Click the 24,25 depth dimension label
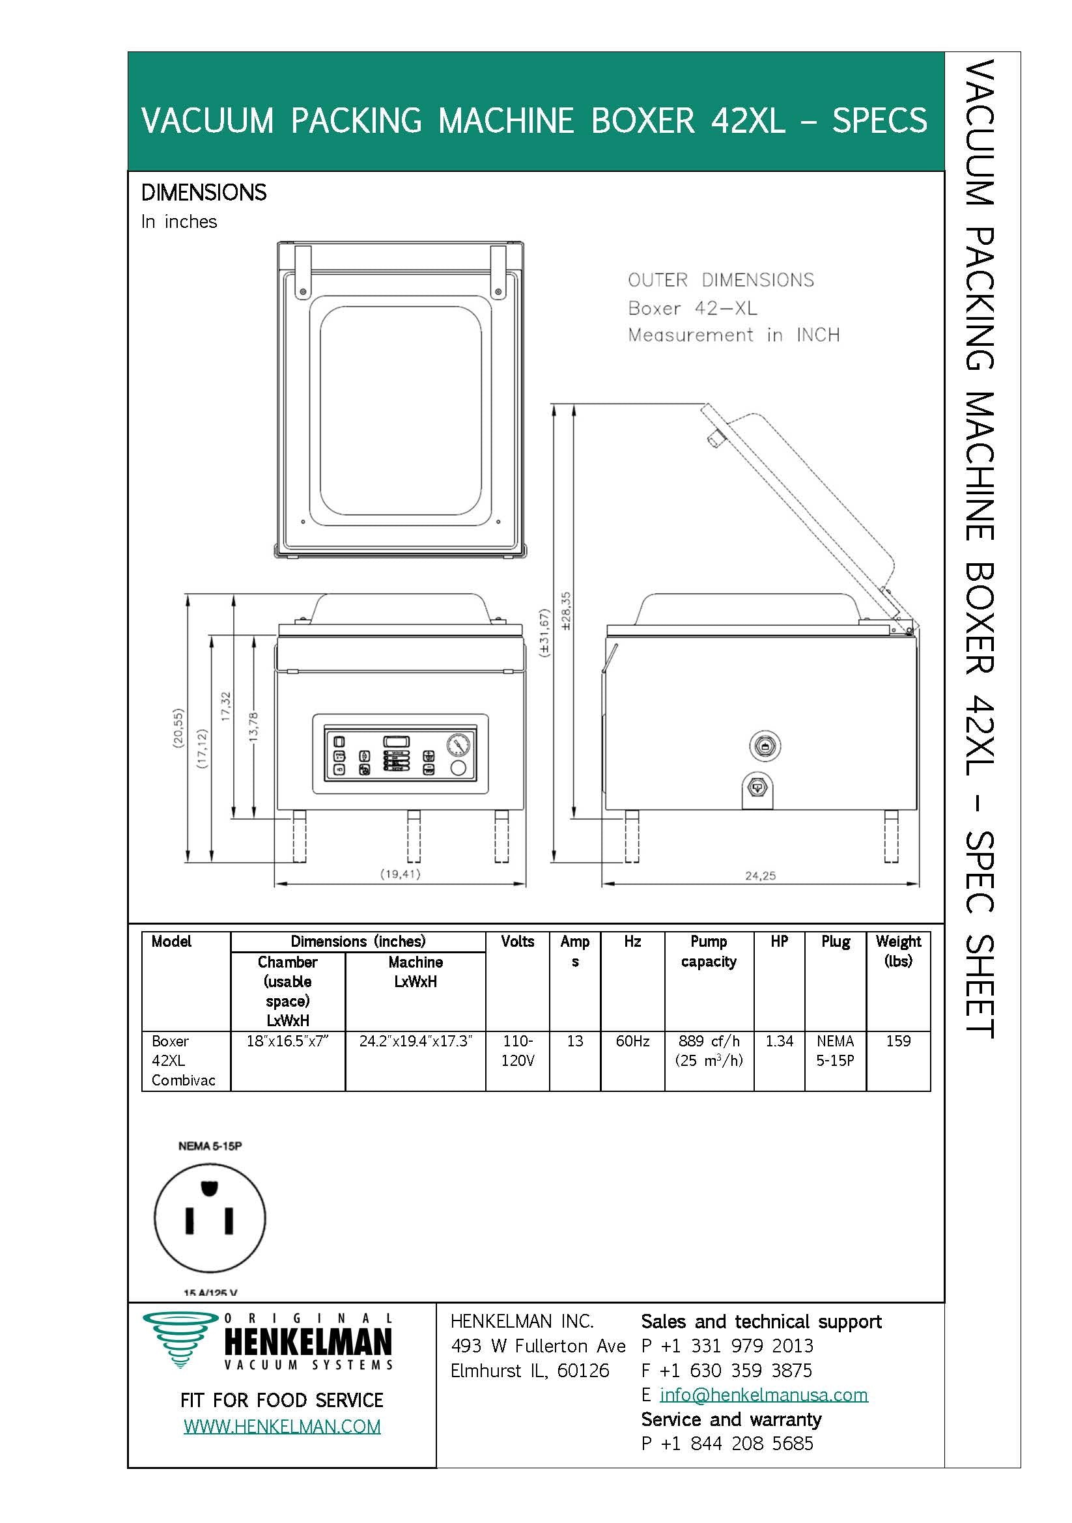[759, 876]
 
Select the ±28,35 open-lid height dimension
[566, 610]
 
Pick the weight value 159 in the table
[898, 1041]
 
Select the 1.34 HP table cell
[779, 1041]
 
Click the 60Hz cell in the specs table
[632, 1041]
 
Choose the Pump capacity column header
[709, 951]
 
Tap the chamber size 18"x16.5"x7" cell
[287, 1041]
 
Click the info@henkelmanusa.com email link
[763, 1395]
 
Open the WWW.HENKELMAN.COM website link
[282, 1427]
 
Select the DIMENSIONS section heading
[204, 192]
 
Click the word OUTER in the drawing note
[657, 280]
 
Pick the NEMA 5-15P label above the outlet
[210, 1145]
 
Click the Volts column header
[517, 942]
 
